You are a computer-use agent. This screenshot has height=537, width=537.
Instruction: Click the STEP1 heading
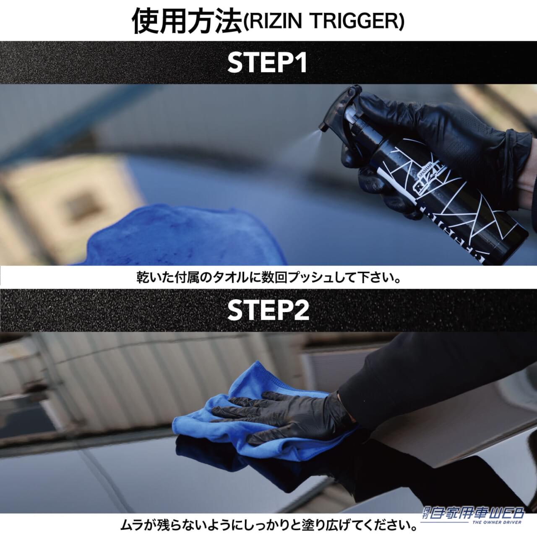click(x=267, y=63)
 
